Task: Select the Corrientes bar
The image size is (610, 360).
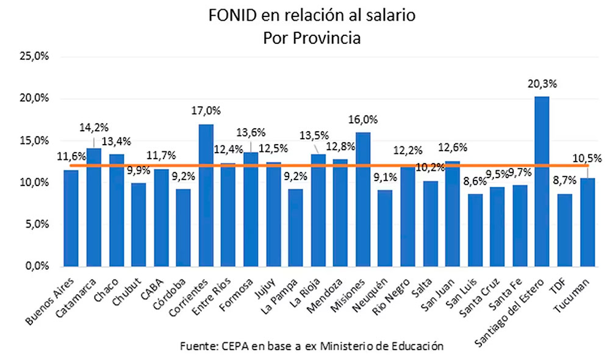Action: point(206,195)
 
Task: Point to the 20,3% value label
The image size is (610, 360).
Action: point(542,84)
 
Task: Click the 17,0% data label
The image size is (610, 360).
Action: point(206,111)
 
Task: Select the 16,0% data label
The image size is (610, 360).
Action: point(363,120)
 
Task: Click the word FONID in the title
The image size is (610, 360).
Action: point(229,16)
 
